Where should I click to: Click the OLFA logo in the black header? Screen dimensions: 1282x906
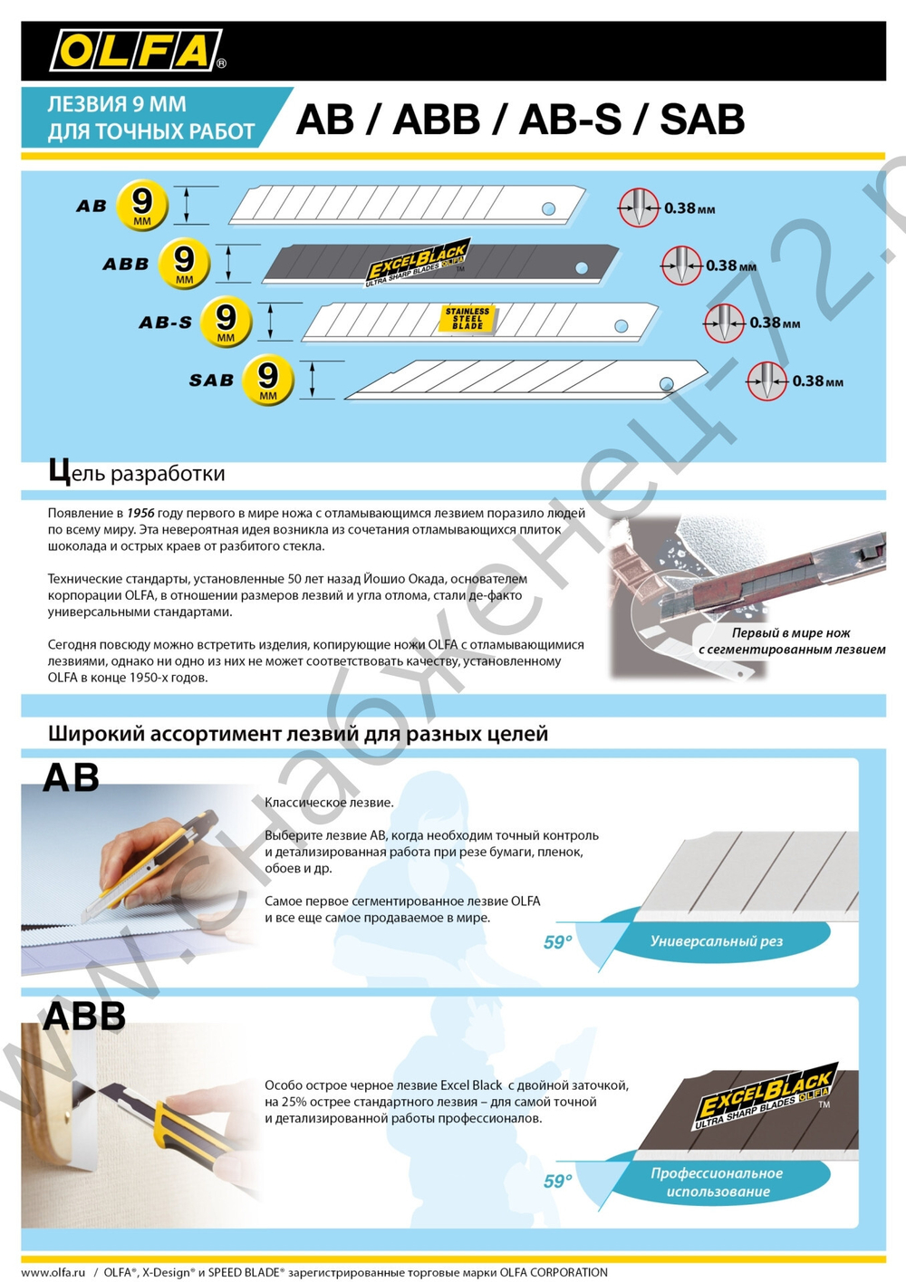point(136,51)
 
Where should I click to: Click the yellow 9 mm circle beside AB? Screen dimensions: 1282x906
point(142,206)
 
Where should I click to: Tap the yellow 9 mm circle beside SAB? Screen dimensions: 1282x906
point(268,380)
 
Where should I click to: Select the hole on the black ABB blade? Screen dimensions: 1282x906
point(582,267)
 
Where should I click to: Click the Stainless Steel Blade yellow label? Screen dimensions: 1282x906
point(467,319)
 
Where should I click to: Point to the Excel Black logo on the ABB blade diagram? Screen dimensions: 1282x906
point(418,263)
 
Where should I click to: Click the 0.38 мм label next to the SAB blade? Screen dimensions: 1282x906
point(817,381)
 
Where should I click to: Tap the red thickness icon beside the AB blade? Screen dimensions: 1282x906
point(639,208)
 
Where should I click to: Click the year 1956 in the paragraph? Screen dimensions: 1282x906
point(140,513)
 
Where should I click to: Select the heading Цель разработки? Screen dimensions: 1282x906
point(136,473)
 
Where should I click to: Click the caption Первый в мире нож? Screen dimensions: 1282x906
point(790,633)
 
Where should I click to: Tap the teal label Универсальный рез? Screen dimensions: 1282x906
point(716,941)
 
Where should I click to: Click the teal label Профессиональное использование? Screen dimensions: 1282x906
point(717,1181)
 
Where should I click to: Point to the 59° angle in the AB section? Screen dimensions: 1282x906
point(557,942)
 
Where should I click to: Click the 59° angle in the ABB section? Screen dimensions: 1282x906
point(557,1181)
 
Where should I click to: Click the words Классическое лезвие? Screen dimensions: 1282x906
point(329,803)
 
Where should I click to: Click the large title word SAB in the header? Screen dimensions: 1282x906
point(702,120)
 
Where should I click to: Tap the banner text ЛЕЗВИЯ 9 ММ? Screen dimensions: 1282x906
point(117,104)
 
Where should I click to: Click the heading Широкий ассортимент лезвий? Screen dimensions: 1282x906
point(297,734)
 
